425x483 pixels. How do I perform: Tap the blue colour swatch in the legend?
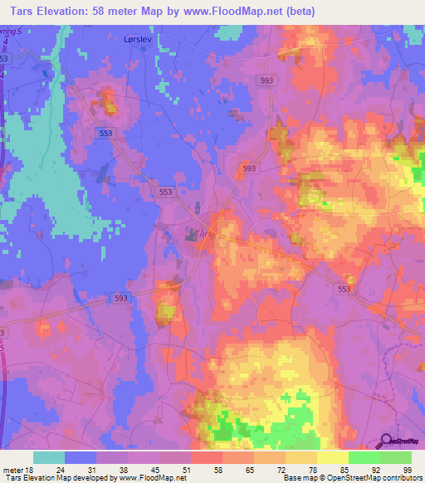pos(81,457)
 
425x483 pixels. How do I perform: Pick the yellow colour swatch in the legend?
pos(332,457)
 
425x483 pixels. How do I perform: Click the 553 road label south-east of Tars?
pos(345,288)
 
